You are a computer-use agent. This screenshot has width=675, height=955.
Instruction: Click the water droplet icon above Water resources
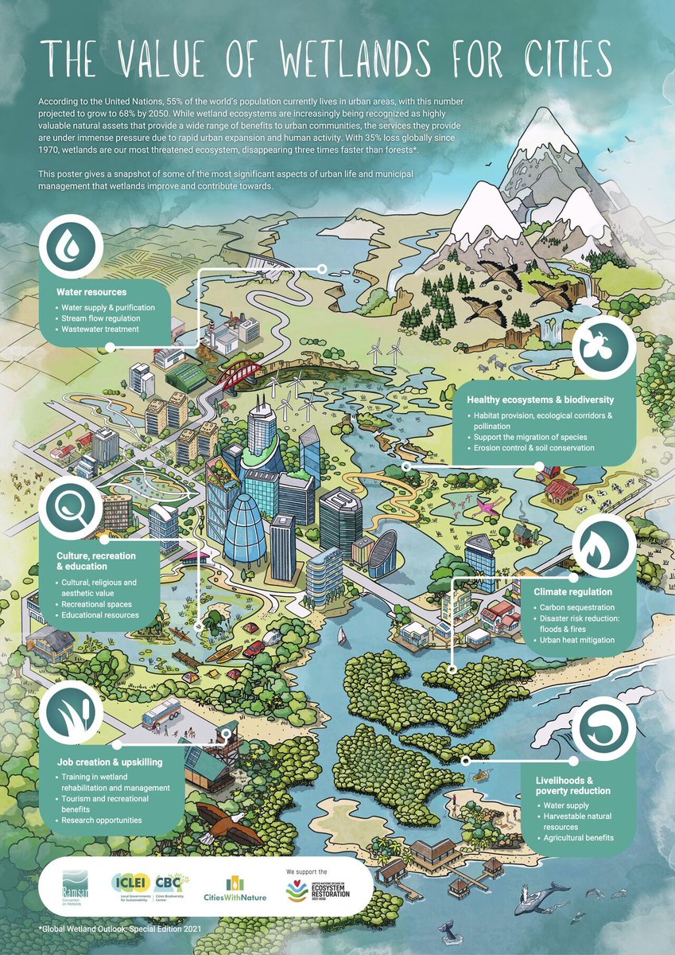point(72,244)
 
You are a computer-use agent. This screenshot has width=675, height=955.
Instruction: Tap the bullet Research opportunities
point(102,820)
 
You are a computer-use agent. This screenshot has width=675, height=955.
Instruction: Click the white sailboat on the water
point(342,636)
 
